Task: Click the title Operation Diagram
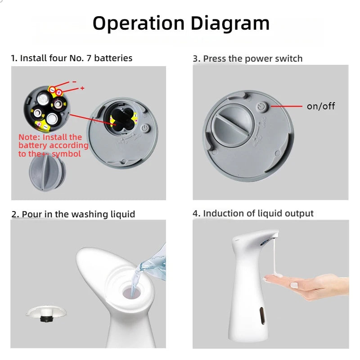[181, 23]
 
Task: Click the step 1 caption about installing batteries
[72, 58]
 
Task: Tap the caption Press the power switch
[247, 58]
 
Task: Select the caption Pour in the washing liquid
[73, 214]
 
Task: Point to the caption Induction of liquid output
[253, 213]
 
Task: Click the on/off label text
[321, 106]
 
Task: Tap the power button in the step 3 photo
[262, 107]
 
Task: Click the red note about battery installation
[53, 145]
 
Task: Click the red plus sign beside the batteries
[82, 88]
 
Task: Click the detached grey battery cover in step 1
[47, 171]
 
